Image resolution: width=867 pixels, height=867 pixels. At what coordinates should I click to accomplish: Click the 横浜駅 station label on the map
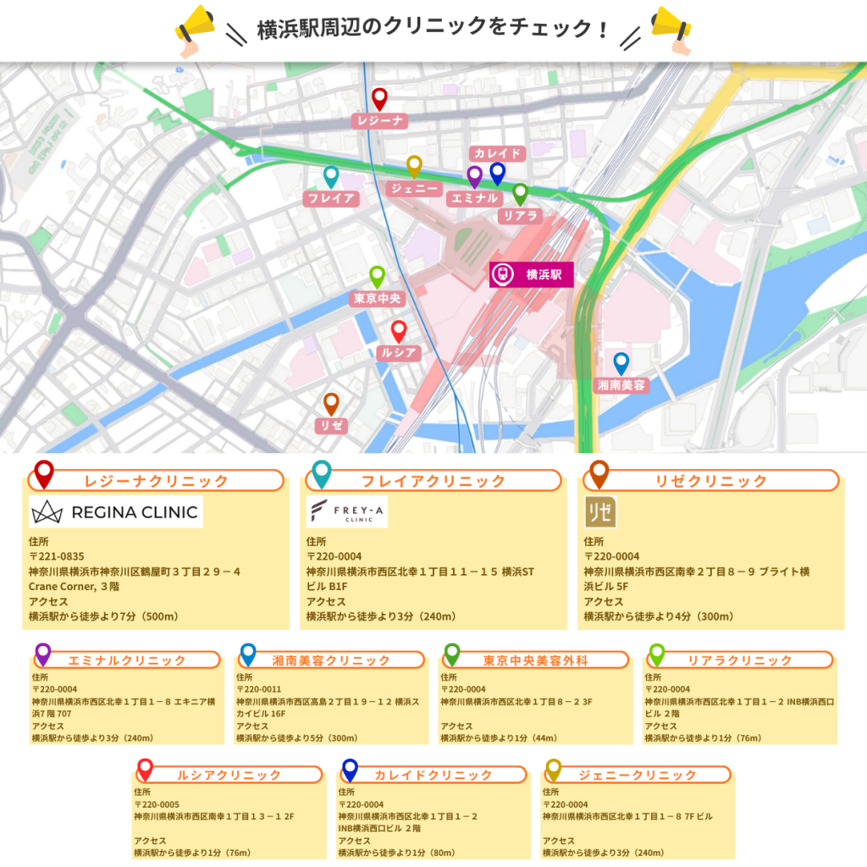tap(532, 274)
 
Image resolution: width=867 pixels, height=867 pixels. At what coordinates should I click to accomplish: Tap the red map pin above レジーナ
tap(379, 98)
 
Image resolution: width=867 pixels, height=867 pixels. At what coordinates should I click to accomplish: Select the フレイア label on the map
tap(330, 199)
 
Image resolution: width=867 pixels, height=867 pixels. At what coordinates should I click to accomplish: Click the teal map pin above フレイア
tap(331, 176)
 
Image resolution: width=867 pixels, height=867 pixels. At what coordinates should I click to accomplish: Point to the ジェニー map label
tap(414, 189)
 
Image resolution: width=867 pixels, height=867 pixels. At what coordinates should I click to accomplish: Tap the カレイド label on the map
tap(498, 153)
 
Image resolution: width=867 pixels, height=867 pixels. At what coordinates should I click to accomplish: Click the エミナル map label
tap(473, 199)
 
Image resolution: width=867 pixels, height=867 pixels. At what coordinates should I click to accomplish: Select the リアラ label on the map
tap(521, 216)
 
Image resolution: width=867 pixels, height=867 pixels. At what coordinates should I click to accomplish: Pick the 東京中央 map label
tap(377, 299)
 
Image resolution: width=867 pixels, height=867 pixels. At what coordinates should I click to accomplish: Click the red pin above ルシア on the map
tap(399, 331)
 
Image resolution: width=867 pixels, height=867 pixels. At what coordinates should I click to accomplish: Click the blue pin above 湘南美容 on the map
tap(621, 363)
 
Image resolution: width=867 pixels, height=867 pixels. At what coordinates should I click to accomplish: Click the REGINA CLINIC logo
tap(115, 511)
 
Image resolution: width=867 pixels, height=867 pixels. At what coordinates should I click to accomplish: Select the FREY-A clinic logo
tap(346, 511)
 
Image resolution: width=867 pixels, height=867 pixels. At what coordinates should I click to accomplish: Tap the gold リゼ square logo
tap(600, 512)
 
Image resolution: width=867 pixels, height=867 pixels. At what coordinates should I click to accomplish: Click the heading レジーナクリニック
tap(157, 481)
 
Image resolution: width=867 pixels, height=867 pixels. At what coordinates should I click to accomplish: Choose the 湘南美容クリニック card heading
tap(332, 660)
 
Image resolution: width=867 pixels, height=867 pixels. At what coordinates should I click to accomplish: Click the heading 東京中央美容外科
tap(535, 660)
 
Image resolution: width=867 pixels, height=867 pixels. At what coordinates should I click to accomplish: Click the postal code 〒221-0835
tap(58, 556)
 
